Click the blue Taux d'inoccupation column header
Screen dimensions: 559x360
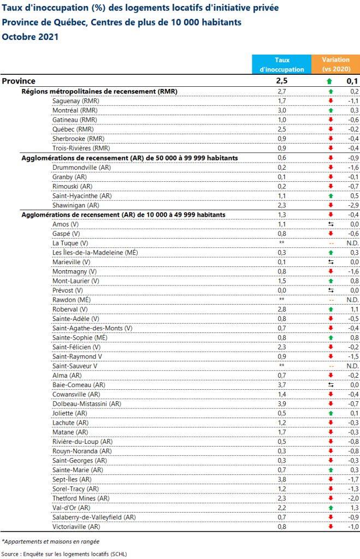pyautogui.click(x=281, y=64)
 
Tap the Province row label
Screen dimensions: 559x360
pyautogui.click(x=19, y=81)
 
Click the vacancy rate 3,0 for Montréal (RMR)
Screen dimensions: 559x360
pyautogui.click(x=282, y=110)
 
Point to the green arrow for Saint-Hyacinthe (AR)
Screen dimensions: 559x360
pyautogui.click(x=330, y=195)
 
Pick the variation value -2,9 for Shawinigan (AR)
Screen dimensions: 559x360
pyautogui.click(x=352, y=205)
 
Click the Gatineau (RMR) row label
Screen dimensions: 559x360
pyautogui.click(x=75, y=120)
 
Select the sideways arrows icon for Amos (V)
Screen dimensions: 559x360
pyautogui.click(x=330, y=224)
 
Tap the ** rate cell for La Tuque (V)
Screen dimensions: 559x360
pyautogui.click(x=282, y=243)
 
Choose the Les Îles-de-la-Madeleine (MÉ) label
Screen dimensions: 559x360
pyautogui.click(x=95, y=252)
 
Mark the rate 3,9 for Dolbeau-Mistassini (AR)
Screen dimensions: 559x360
pyautogui.click(x=282, y=404)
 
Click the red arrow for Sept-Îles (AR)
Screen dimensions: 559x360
pyautogui.click(x=330, y=479)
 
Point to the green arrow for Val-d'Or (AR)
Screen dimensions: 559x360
pyautogui.click(x=330, y=508)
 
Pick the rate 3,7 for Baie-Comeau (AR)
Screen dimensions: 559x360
pyautogui.click(x=282, y=385)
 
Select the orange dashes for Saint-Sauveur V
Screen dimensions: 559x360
pyautogui.click(x=330, y=366)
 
